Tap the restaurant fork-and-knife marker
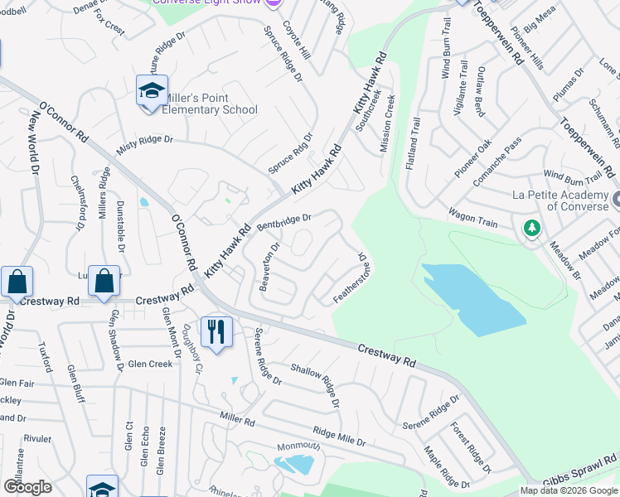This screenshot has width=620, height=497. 216,332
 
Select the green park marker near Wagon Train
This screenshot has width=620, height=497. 531,228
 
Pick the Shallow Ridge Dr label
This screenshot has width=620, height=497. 315,384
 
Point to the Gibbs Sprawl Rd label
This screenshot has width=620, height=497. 580,473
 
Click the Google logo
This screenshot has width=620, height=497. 28,487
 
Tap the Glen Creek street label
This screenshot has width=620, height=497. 150,364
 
